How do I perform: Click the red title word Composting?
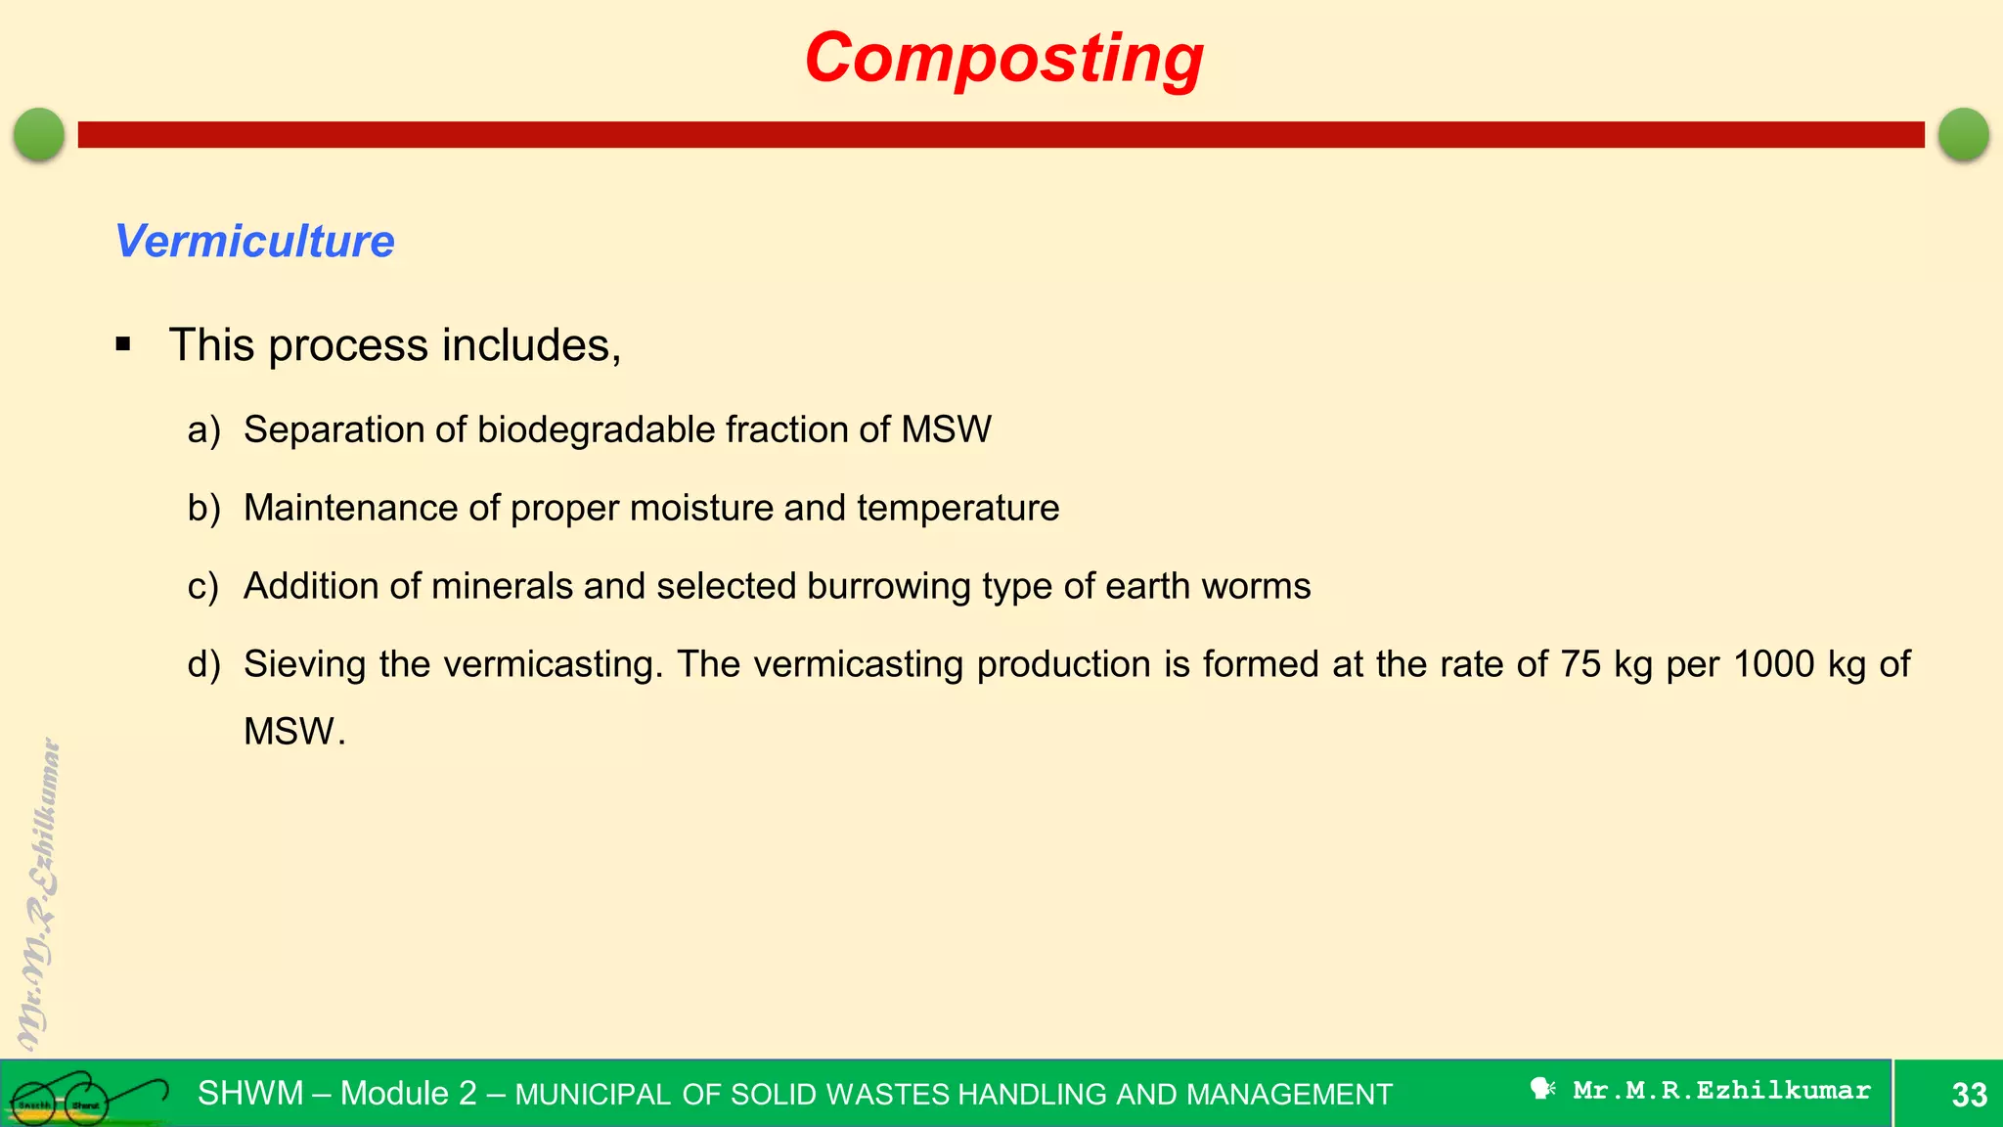pyautogui.click(x=1003, y=59)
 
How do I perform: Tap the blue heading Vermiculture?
pyautogui.click(x=254, y=241)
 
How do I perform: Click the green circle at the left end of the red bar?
pyautogui.click(x=39, y=134)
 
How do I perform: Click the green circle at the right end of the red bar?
pyautogui.click(x=1963, y=134)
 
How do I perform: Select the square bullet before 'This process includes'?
pyautogui.click(x=123, y=344)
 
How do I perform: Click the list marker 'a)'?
pyautogui.click(x=203, y=430)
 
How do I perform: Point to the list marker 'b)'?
pyautogui.click(x=203, y=509)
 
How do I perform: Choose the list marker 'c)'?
pyautogui.click(x=203, y=587)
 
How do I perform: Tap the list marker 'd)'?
pyautogui.click(x=203, y=665)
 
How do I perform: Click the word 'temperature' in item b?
pyautogui.click(x=957, y=509)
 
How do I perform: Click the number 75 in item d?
pyautogui.click(x=1580, y=665)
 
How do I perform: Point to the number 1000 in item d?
pyautogui.click(x=1773, y=665)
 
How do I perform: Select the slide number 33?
pyautogui.click(x=1969, y=1095)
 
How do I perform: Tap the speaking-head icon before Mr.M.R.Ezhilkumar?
pyautogui.click(x=1542, y=1090)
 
